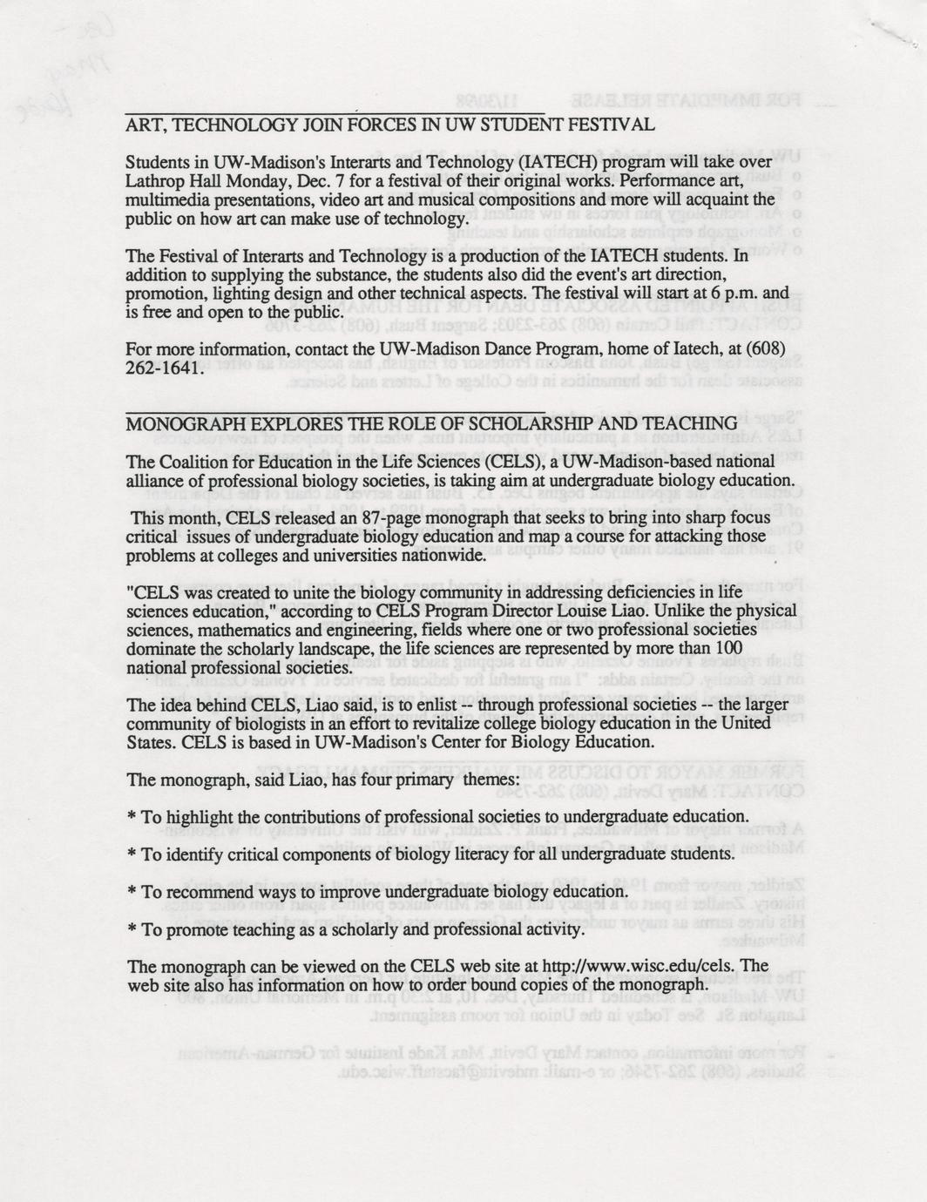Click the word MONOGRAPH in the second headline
(179, 423)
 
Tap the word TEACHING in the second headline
(688, 423)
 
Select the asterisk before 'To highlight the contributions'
(132, 818)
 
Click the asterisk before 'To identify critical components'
(132, 855)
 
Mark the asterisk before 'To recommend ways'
(132, 894)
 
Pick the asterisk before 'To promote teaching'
(132, 931)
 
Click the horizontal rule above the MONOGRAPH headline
(335, 410)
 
